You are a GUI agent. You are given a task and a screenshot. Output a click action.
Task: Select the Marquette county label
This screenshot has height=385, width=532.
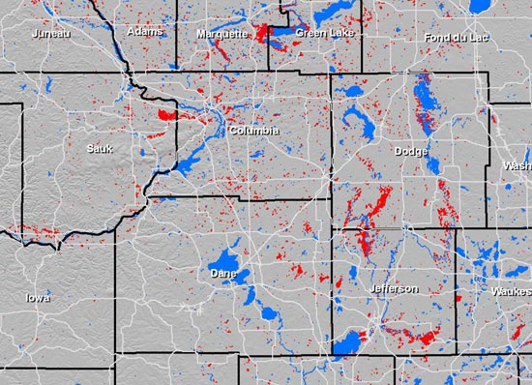pyautogui.click(x=221, y=33)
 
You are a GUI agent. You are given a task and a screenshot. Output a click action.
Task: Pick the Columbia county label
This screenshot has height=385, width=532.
pyautogui.click(x=254, y=130)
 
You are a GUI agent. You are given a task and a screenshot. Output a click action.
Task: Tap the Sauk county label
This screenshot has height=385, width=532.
pyautogui.click(x=100, y=148)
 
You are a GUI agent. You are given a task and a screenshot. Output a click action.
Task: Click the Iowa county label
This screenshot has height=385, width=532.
pyautogui.click(x=40, y=298)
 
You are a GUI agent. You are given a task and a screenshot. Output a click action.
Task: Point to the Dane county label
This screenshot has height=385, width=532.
pyautogui.click(x=223, y=274)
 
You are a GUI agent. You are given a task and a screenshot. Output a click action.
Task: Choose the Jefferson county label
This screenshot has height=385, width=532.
pyautogui.click(x=394, y=288)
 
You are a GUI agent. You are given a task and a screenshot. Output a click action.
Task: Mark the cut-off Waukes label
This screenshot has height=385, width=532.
pyautogui.click(x=511, y=290)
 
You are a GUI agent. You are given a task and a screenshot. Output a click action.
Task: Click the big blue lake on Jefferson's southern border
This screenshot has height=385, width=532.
pyautogui.click(x=346, y=342)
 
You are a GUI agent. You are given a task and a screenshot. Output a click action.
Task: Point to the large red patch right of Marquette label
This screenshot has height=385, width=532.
pyautogui.click(x=262, y=33)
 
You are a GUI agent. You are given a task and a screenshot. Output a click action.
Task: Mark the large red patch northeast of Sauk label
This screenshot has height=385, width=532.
pyautogui.click(x=167, y=116)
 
